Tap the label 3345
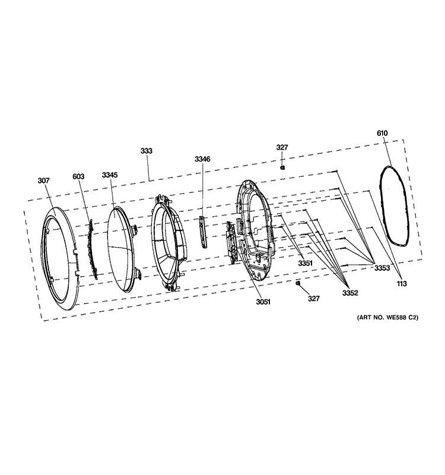click(110, 175)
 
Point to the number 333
click(147, 151)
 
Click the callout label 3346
click(202, 159)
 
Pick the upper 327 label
click(282, 147)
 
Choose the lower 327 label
click(313, 299)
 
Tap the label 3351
click(306, 264)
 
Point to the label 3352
click(350, 293)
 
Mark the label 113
click(402, 284)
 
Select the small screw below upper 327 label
click(283, 167)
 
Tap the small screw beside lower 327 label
click(298, 283)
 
